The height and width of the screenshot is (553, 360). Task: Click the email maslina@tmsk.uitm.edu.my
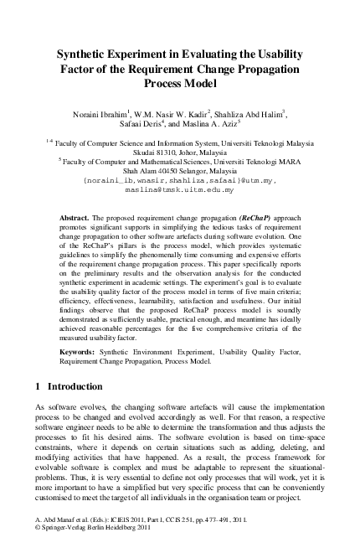pos(179,191)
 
